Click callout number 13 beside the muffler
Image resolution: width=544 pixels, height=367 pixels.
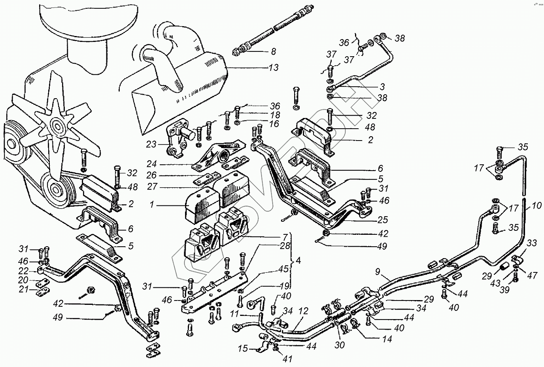tap(273, 67)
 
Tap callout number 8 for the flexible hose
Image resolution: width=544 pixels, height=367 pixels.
tap(273, 51)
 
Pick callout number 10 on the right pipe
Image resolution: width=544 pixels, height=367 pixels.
tap(536, 206)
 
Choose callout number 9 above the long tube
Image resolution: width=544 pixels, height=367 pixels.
tap(378, 272)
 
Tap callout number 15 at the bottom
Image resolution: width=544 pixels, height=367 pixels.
tap(243, 349)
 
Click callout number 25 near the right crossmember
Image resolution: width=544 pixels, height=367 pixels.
tap(382, 220)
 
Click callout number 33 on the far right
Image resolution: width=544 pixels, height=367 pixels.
tap(532, 243)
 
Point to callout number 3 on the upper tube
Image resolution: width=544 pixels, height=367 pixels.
tap(382, 87)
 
